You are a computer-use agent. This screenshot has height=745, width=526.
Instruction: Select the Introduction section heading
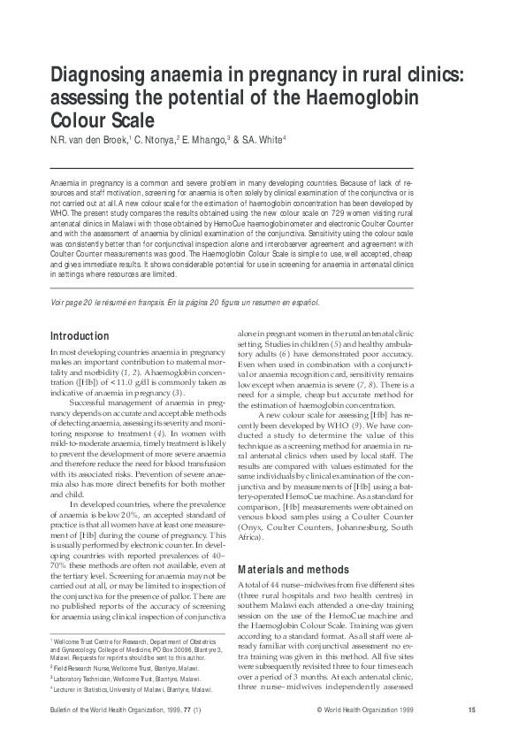(80, 336)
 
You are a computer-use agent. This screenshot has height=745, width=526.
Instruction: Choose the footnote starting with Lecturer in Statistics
(132, 688)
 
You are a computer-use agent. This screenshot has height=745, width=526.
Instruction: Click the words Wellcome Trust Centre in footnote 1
(88, 638)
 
